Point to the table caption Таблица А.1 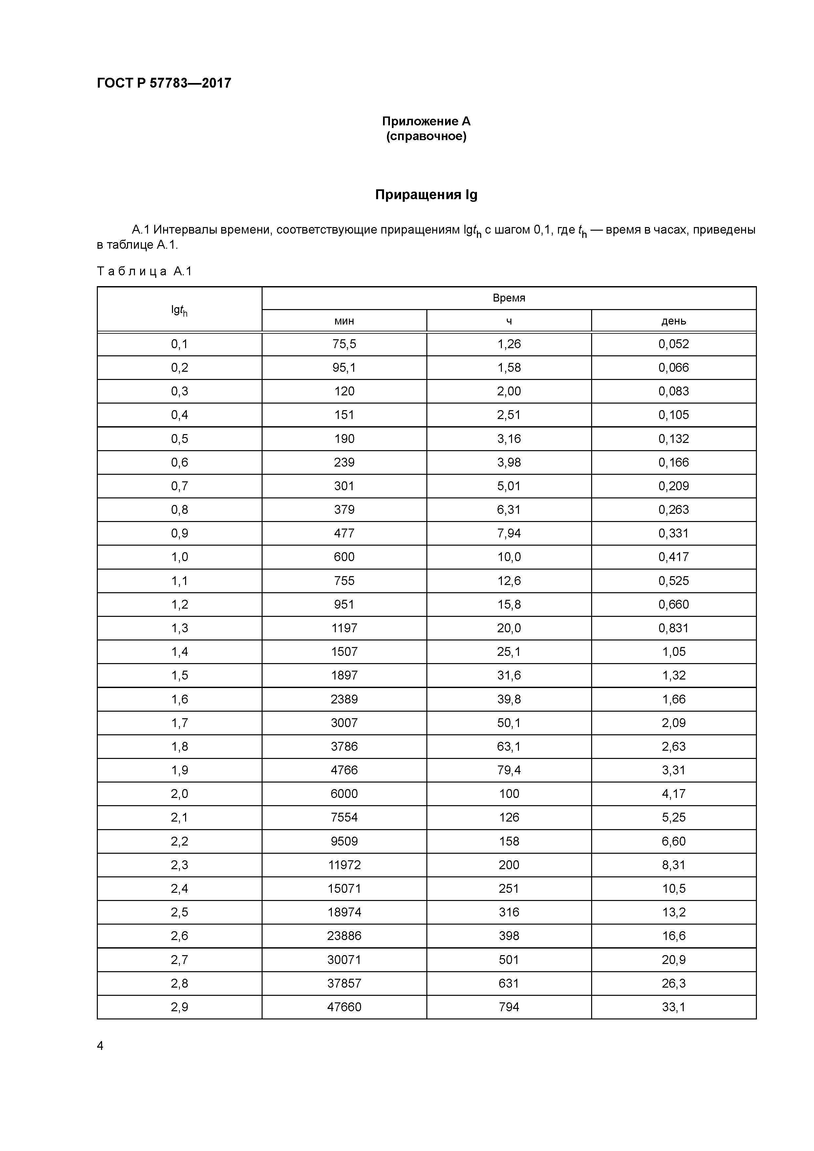click(x=144, y=272)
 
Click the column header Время click(x=508, y=298)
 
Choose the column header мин click(x=344, y=321)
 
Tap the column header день click(x=674, y=321)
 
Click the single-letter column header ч click(x=508, y=321)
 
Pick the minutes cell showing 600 click(x=344, y=557)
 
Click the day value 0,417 click(x=674, y=557)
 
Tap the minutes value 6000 click(x=344, y=794)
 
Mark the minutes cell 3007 click(x=344, y=723)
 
